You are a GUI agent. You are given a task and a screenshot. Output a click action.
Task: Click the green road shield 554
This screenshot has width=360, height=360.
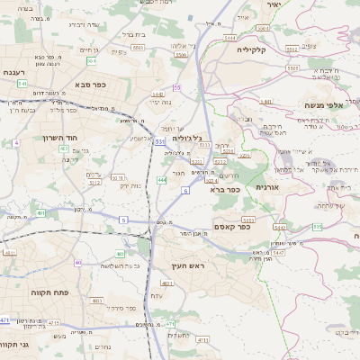point(92,61)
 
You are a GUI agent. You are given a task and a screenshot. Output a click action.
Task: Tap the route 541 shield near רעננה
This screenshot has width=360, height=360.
point(22,83)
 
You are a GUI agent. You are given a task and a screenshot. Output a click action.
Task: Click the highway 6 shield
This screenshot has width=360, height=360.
point(184,191)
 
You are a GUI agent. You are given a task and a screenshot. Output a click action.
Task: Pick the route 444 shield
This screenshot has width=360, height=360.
point(161,181)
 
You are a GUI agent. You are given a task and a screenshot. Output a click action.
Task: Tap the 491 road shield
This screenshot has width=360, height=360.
point(42,213)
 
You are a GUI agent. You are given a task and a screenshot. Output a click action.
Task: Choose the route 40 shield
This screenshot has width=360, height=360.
point(78,263)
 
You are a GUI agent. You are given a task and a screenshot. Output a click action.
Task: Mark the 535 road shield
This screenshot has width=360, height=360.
point(318,227)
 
